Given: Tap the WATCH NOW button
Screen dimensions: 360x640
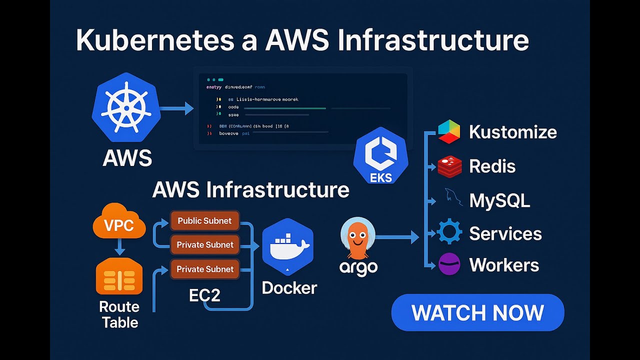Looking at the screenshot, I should point(477,312).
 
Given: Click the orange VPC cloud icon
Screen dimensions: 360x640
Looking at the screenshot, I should point(119,222).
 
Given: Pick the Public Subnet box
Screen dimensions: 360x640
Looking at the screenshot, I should point(204,220).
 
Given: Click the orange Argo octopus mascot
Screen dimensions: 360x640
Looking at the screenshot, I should point(357,239).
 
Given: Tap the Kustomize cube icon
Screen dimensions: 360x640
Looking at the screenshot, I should point(448,132).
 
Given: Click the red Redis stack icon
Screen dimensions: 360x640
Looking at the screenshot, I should point(449,166).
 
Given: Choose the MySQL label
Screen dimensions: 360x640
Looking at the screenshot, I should point(499,200).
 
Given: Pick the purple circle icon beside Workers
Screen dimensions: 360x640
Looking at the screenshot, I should point(449,264).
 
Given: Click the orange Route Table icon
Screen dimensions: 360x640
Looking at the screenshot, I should point(119,275).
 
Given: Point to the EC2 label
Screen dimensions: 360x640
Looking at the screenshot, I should point(204,295).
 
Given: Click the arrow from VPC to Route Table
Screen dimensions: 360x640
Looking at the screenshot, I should point(119,246).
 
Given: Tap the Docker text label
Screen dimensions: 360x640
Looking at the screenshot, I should point(289,287).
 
